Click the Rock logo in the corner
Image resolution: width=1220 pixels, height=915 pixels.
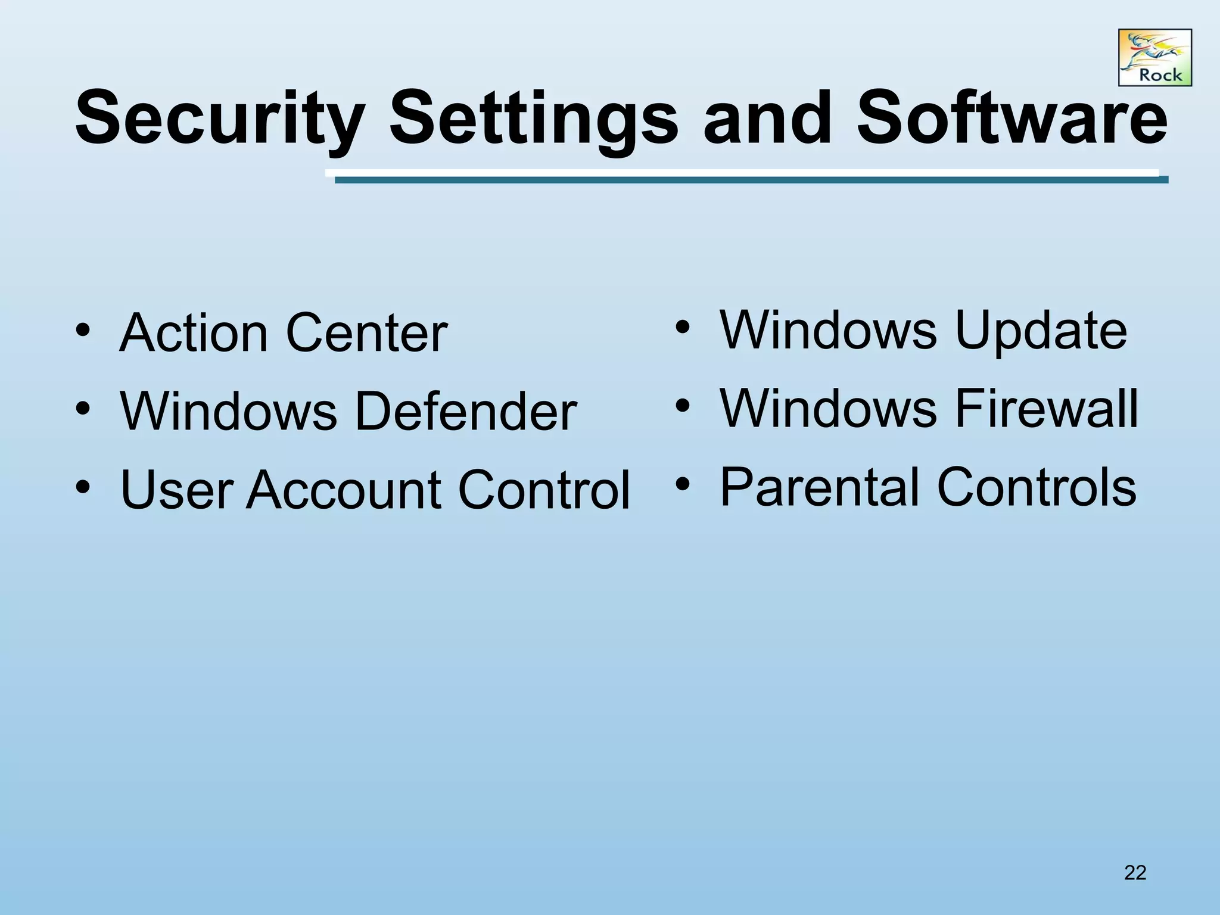tap(1154, 58)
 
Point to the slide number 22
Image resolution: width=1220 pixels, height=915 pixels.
tap(1135, 873)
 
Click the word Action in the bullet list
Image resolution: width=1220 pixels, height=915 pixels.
tap(194, 333)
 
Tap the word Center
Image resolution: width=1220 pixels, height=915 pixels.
tap(366, 333)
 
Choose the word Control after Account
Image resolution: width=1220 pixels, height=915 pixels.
tap(543, 490)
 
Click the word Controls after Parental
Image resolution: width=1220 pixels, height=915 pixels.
tap(1037, 487)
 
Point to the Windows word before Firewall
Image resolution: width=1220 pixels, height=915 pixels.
tap(828, 409)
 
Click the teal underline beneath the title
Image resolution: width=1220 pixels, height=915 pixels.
tap(751, 179)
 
